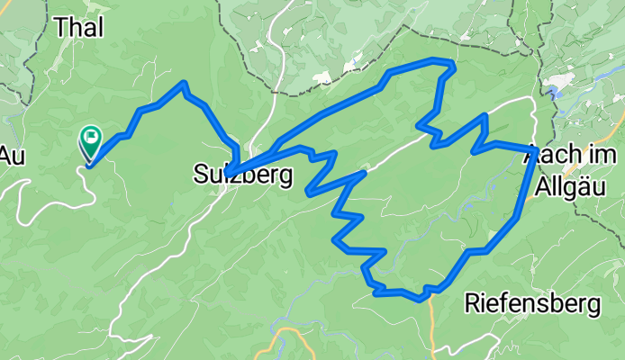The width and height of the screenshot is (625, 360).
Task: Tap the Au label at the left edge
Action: pyautogui.click(x=11, y=155)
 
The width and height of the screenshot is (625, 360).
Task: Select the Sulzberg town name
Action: pyautogui.click(x=243, y=175)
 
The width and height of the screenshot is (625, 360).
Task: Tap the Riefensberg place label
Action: pyautogui.click(x=532, y=304)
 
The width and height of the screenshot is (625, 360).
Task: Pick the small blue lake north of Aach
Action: pyautogui.click(x=561, y=85)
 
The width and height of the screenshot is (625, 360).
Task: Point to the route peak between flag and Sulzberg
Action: pyautogui.click(x=184, y=84)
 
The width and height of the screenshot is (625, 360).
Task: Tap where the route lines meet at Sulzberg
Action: pyautogui.click(x=230, y=172)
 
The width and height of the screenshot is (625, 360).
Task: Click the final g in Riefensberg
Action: pyautogui.click(x=593, y=306)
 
